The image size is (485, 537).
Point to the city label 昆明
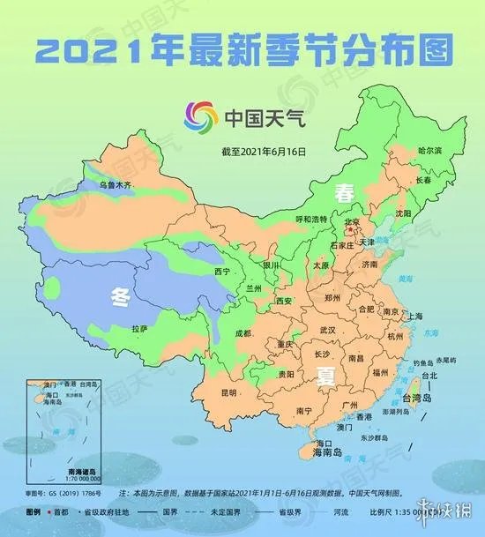(x=229, y=392)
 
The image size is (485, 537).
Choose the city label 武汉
(x=327, y=328)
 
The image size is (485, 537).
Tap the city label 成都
(x=242, y=333)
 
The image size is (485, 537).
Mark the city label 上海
(x=415, y=316)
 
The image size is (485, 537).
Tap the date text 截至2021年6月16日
(x=264, y=152)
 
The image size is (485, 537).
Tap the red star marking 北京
(x=347, y=231)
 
